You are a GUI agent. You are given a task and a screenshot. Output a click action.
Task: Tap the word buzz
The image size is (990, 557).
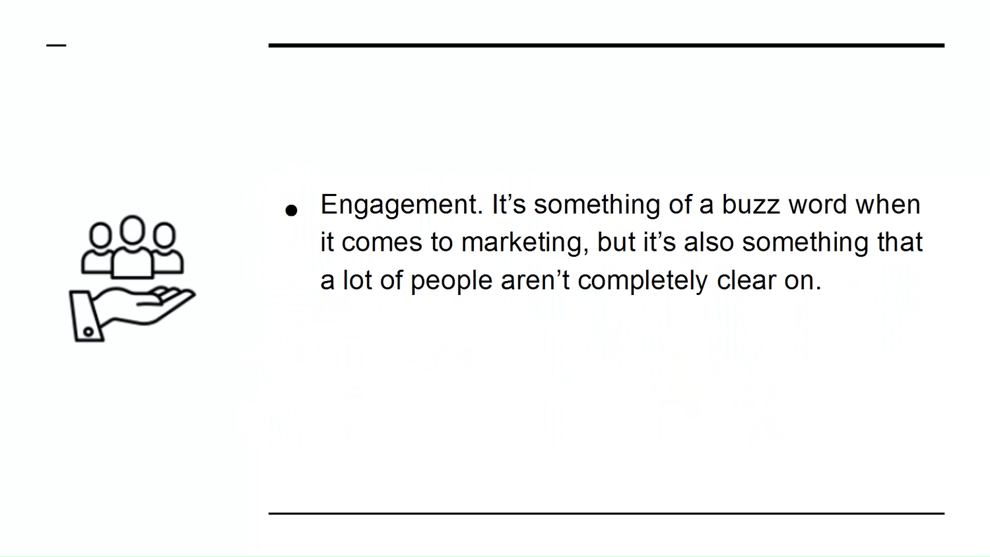(x=750, y=204)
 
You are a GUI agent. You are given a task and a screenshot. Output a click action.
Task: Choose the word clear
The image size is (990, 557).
(x=746, y=280)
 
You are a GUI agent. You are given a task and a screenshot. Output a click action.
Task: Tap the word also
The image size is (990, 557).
(x=709, y=242)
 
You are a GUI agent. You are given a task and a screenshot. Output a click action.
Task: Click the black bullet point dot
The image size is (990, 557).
(x=291, y=211)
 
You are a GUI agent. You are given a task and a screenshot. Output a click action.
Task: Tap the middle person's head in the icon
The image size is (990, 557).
(x=133, y=230)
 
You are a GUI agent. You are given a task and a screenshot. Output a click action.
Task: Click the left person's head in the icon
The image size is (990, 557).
(x=100, y=235)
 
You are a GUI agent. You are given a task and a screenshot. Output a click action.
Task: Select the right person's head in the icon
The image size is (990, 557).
(x=164, y=235)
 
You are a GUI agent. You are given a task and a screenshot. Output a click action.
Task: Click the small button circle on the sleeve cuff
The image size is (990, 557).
(x=88, y=331)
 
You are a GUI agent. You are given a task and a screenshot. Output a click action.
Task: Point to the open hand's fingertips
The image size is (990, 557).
(x=188, y=294)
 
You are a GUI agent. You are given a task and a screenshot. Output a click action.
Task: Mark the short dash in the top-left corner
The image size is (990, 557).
(x=56, y=45)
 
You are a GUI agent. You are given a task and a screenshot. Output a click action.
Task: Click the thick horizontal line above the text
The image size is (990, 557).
(x=607, y=45)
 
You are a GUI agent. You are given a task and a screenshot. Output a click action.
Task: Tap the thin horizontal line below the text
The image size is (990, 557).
(x=607, y=513)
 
